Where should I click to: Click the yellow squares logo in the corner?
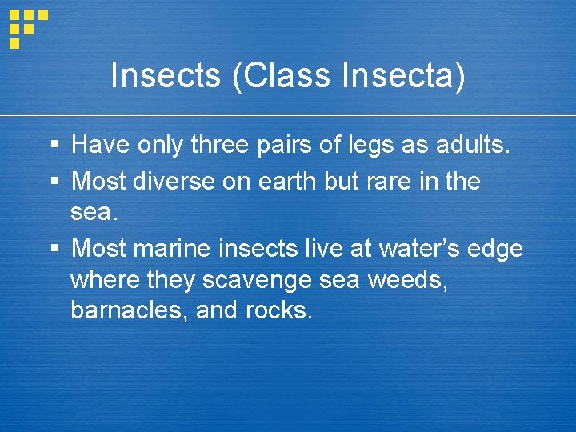tap(27, 27)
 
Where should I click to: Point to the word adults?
tap(473, 145)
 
